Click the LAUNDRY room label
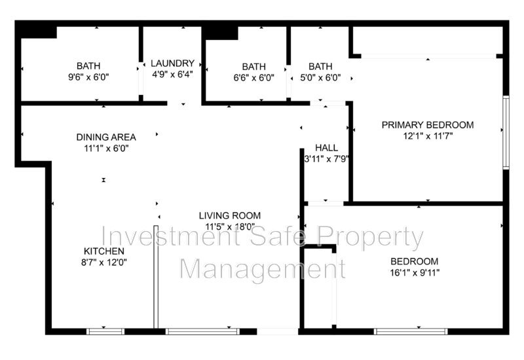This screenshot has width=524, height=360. point(172,63)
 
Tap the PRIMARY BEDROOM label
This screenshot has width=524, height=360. point(428,125)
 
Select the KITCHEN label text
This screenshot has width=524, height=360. point(104,251)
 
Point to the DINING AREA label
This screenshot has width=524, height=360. point(106,137)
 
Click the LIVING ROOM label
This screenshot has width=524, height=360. point(230,215)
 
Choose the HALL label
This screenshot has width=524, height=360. point(326,148)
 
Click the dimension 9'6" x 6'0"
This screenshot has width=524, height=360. point(88,77)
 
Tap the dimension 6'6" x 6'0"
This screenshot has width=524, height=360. point(254,78)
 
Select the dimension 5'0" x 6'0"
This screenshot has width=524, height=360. point(320,78)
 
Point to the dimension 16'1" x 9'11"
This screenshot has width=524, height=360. point(415,273)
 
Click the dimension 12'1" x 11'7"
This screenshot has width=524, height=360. point(428,136)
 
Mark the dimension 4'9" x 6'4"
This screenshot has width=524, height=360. point(172,74)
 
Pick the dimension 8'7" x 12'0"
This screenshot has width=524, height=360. point(104,262)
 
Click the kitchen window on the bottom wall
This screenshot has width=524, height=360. point(105,332)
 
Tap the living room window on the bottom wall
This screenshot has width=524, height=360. point(202,332)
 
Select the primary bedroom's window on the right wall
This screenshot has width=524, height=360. point(506,133)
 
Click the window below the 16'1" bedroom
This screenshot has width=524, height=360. point(411,332)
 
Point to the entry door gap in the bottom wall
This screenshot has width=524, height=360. point(277,332)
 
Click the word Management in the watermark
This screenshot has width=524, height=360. point(263,268)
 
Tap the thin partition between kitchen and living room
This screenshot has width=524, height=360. point(156,277)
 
